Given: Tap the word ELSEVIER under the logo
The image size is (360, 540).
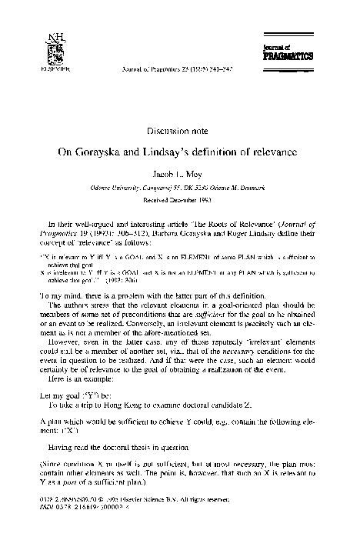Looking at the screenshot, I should (54, 68).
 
